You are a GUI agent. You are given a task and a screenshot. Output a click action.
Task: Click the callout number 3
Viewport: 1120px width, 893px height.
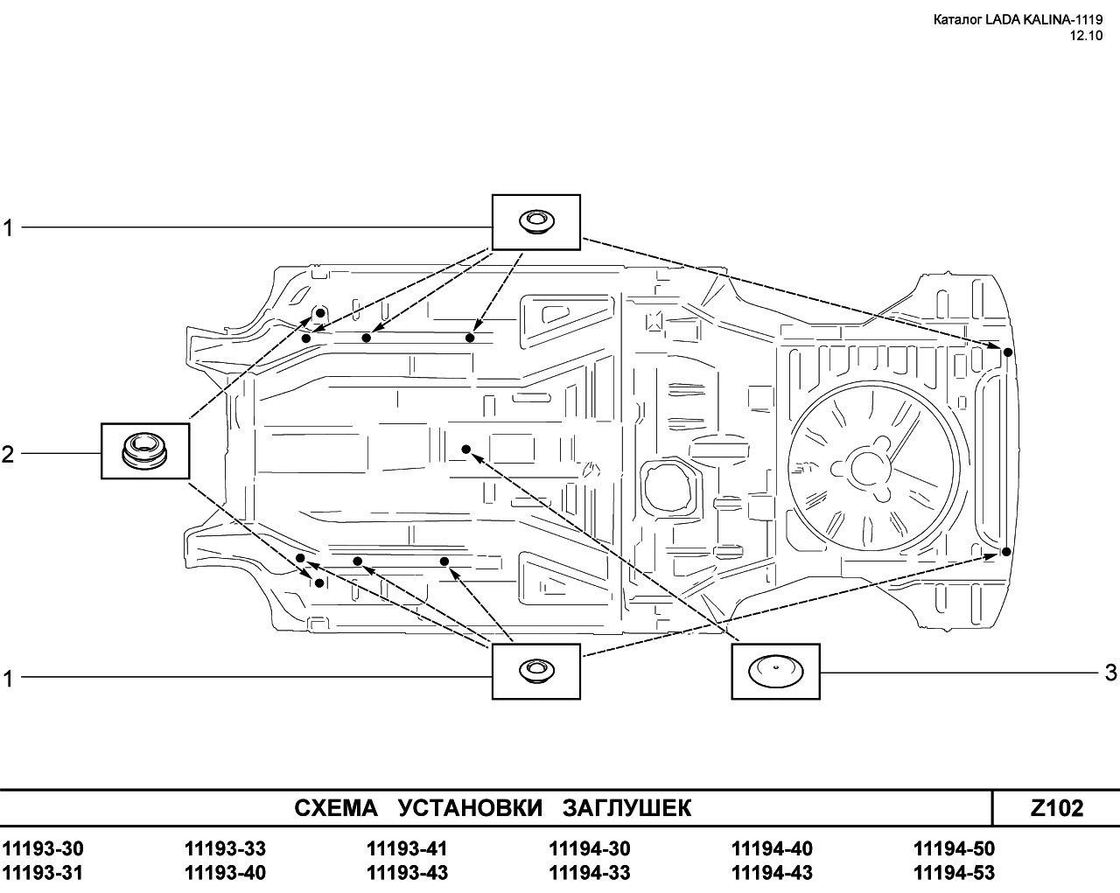(x=1110, y=673)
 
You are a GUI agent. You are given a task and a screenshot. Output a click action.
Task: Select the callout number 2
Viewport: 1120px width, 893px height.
(x=8, y=454)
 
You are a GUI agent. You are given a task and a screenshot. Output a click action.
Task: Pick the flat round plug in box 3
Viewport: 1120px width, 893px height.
(x=775, y=672)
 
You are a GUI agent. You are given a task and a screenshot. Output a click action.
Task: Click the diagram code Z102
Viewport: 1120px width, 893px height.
(x=1056, y=808)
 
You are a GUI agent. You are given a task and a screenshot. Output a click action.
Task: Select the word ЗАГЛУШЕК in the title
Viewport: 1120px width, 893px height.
(x=627, y=808)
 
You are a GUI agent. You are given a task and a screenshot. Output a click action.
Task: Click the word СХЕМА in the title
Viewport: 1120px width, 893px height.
(x=336, y=808)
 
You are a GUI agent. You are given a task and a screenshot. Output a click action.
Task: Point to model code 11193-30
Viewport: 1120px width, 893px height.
(x=43, y=848)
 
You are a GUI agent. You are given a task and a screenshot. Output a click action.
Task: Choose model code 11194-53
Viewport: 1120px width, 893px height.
(x=955, y=873)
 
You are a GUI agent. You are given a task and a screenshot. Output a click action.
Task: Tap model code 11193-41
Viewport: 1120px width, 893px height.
(x=407, y=848)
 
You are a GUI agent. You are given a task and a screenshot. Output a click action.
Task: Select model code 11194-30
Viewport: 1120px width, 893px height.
(x=590, y=848)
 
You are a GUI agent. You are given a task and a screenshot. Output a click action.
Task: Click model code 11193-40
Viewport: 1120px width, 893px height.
(x=226, y=873)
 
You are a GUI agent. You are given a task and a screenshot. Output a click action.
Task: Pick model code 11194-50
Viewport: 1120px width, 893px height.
(x=955, y=848)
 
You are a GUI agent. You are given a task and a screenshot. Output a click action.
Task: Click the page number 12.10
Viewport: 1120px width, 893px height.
(x=1086, y=36)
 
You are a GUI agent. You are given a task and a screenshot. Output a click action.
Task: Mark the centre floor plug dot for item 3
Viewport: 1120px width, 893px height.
(x=466, y=449)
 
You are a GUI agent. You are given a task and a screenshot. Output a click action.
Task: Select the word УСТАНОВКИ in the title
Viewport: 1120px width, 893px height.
(x=470, y=808)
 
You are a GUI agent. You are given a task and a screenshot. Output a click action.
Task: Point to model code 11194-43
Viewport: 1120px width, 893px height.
(x=773, y=873)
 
